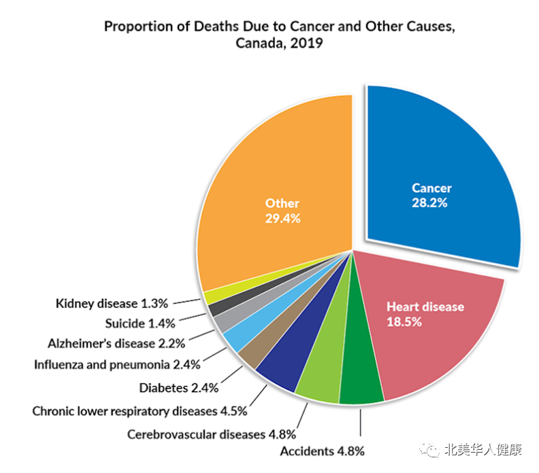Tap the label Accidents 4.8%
click(322, 451)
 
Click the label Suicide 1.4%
click(140, 323)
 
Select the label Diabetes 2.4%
click(178, 388)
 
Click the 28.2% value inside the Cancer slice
click(429, 203)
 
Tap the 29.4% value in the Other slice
click(282, 218)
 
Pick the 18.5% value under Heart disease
click(404, 321)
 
